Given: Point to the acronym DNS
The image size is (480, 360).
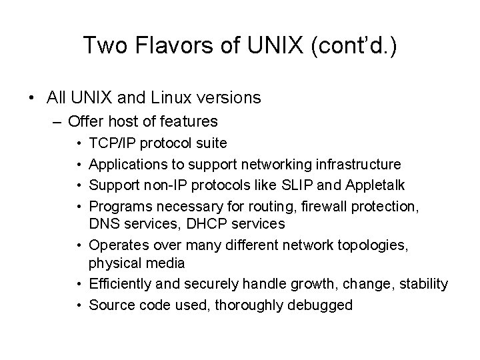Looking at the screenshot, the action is (x=103, y=223).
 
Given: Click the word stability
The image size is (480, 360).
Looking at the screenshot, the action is (x=423, y=284).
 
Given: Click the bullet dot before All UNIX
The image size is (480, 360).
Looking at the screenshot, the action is (x=31, y=97).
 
